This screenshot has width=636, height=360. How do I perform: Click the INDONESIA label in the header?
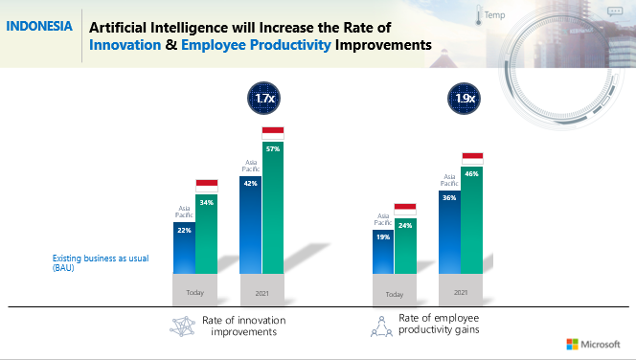tap(38, 26)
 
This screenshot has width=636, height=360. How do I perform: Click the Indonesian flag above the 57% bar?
tap(273, 132)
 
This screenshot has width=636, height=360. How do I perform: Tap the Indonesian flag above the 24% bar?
tap(405, 209)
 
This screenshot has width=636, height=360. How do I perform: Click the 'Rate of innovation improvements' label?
tap(243, 326)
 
